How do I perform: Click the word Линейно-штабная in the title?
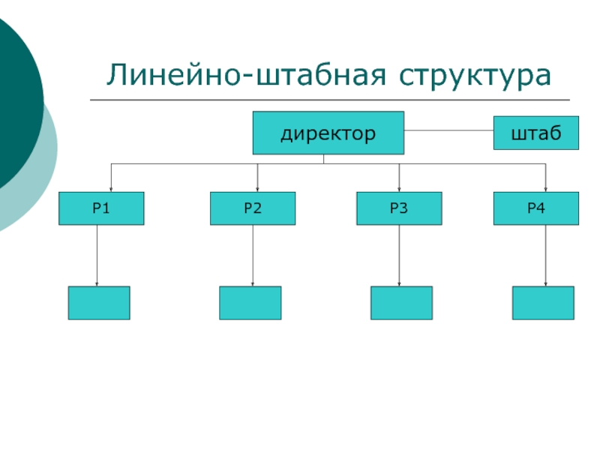point(246,74)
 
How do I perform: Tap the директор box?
point(328,133)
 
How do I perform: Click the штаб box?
point(536,133)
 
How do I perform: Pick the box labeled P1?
point(101,208)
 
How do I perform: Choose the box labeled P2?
point(253,208)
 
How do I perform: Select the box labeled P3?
point(399,208)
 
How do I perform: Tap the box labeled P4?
point(536,208)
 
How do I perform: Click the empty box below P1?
point(99,303)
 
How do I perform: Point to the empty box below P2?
point(250,303)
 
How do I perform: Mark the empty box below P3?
point(401,303)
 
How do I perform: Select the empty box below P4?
point(543,303)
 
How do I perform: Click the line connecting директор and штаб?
point(448,130)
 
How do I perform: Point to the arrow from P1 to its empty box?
point(97,255)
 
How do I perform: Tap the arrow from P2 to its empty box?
point(253,255)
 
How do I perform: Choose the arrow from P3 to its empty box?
point(399,255)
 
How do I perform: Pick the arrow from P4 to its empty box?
point(546,255)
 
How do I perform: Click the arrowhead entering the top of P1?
point(111,190)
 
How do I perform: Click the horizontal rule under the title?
point(330,100)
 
